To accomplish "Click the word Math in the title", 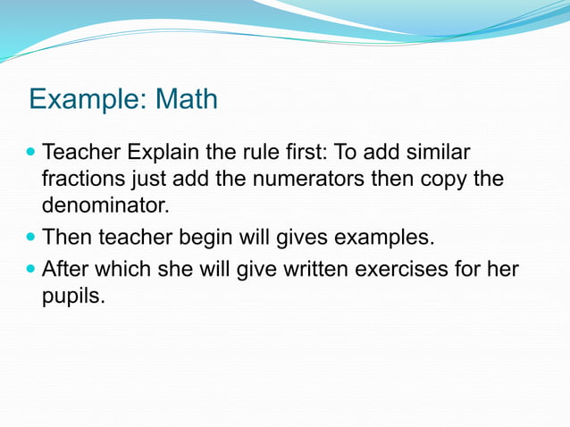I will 187,98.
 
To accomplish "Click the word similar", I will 435,153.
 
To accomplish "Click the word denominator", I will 104,205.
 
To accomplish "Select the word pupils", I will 72,296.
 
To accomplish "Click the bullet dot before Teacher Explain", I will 32,153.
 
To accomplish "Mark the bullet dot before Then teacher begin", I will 32,238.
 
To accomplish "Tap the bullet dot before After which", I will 32,269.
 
